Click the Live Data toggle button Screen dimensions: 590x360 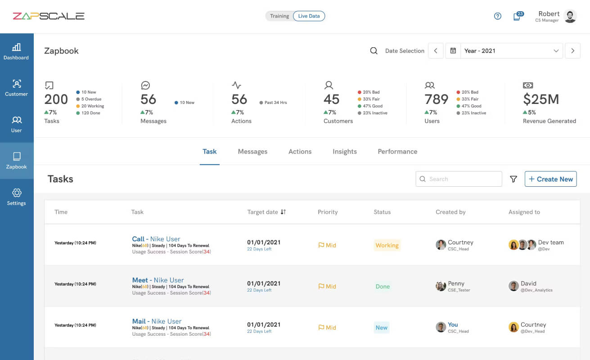coord(309,16)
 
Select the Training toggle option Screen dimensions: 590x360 coord(279,16)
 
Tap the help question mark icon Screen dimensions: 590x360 coord(497,16)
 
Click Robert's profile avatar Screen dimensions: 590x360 coord(570,16)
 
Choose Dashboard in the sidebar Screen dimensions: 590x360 coord(16,52)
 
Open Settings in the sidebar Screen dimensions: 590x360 coord(16,197)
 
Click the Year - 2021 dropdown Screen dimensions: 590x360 coord(511,51)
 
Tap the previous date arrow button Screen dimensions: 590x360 coord(436,51)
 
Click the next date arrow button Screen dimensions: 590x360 coord(572,51)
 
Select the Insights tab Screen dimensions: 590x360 coord(345,152)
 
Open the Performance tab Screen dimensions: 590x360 coord(397,152)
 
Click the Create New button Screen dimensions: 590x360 coord(550,179)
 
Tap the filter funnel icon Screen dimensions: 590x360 coord(513,179)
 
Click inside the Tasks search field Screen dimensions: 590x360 coord(459,179)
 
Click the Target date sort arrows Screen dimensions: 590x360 coord(283,212)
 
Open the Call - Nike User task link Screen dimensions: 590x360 coord(156,239)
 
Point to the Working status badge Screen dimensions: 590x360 coord(387,245)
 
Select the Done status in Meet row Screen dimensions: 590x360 coord(383,286)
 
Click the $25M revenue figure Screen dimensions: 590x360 coord(541,99)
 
